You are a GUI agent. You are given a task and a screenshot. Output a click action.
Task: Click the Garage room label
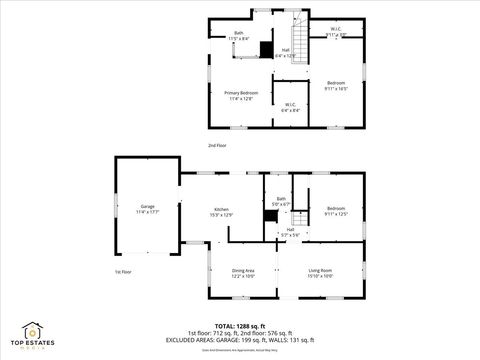(x=147, y=209)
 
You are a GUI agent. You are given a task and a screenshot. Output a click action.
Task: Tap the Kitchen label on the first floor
(x=221, y=211)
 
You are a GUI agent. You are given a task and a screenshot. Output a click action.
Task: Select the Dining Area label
(x=243, y=272)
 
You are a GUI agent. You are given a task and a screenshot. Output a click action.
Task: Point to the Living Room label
(x=320, y=272)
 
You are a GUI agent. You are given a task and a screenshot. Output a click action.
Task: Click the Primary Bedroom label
(x=241, y=95)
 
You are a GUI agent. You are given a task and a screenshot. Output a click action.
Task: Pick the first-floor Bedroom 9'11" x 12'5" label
(x=335, y=211)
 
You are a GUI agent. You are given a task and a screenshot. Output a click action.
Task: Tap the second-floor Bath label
(x=239, y=35)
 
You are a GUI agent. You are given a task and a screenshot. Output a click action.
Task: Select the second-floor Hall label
(x=285, y=53)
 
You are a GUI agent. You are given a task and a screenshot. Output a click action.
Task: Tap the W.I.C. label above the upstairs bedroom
(x=337, y=31)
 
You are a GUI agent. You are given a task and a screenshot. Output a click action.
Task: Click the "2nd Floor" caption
(x=217, y=146)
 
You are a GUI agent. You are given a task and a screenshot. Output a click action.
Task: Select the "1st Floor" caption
(x=124, y=271)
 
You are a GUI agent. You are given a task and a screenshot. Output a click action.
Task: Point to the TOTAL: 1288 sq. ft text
(x=236, y=325)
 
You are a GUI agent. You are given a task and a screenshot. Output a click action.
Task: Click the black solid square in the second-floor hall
(x=266, y=51)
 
